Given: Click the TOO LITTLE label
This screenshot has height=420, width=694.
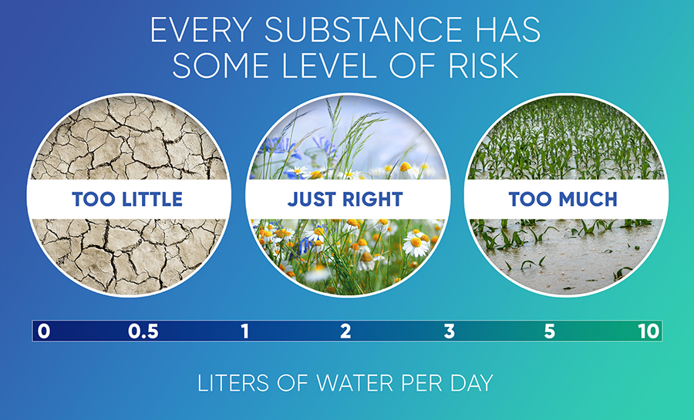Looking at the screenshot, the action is pyautogui.click(x=127, y=200).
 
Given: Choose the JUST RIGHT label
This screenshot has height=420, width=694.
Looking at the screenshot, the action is pyautogui.click(x=345, y=200).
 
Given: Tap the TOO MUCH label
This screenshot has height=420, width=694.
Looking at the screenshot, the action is pyautogui.click(x=563, y=200).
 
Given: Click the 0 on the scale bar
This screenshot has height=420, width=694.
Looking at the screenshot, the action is pyautogui.click(x=44, y=331).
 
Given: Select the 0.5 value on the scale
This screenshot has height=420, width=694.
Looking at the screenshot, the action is pyautogui.click(x=143, y=331).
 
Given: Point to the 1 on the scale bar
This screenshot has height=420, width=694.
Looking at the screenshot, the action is pyautogui.click(x=244, y=331).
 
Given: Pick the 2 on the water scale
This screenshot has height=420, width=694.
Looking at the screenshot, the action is pyautogui.click(x=345, y=331).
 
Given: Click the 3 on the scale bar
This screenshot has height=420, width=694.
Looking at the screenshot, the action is pyautogui.click(x=450, y=331).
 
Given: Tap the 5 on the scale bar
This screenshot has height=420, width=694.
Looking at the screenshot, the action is pyautogui.click(x=549, y=331).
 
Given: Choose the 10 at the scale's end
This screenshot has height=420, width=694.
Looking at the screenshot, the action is pyautogui.click(x=649, y=331).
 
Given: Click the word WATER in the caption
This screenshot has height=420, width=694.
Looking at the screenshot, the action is pyautogui.click(x=355, y=383).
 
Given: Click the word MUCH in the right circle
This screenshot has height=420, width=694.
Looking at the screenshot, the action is pyautogui.click(x=588, y=200).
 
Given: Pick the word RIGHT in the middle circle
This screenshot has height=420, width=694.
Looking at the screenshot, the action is pyautogui.click(x=373, y=200).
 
